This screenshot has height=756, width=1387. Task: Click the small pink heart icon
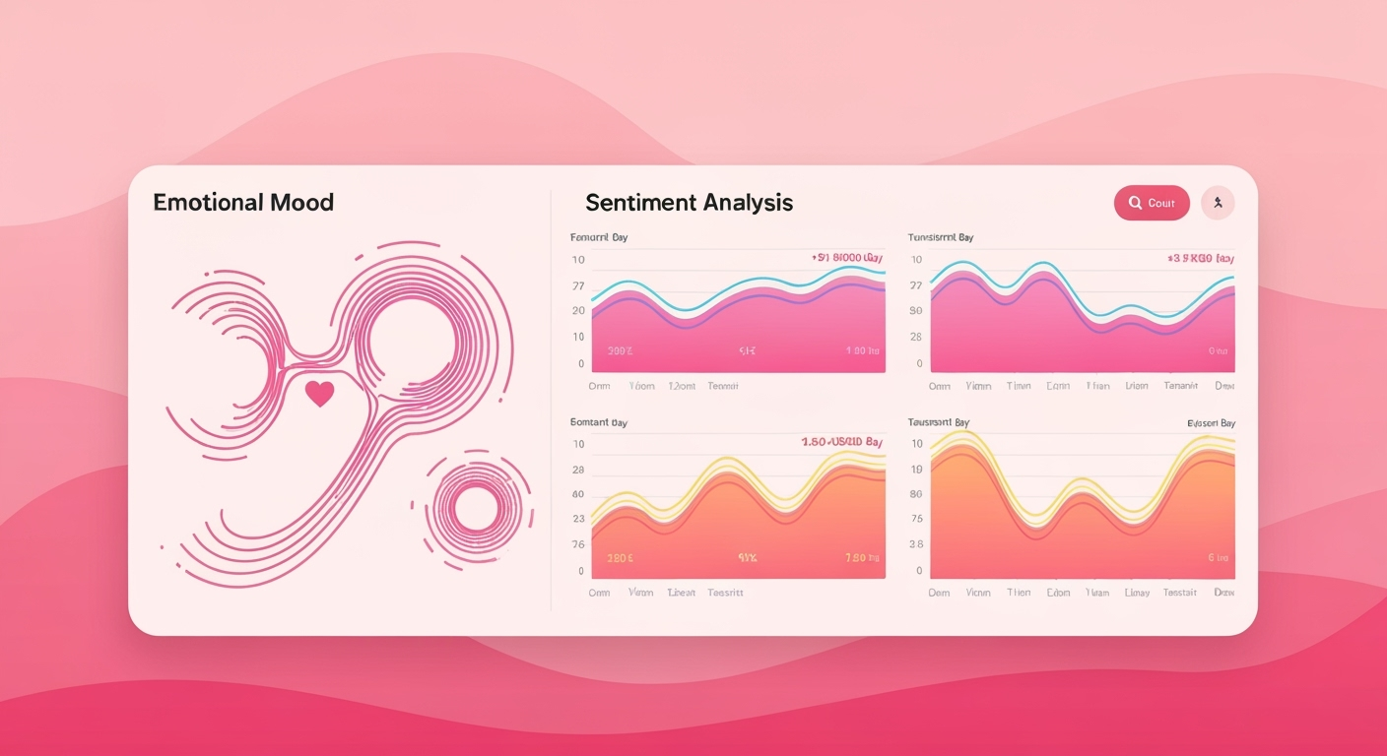click(x=319, y=394)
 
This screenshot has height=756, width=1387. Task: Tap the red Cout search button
click(x=1151, y=203)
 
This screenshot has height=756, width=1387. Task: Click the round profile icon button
click(x=1218, y=203)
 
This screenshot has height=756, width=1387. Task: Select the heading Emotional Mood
click(x=243, y=203)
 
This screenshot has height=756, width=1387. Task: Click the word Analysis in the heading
click(x=748, y=203)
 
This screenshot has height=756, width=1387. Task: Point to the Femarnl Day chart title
click(x=598, y=237)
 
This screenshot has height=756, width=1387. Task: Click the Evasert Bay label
click(x=1211, y=423)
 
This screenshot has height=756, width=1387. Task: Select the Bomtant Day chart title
click(x=598, y=422)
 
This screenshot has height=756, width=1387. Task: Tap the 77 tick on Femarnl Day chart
click(x=578, y=285)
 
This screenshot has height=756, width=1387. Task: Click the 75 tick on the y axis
click(x=916, y=520)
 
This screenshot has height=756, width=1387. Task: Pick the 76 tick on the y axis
click(x=578, y=544)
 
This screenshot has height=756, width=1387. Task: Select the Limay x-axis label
click(x=1137, y=593)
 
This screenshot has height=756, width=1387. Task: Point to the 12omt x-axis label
click(x=682, y=386)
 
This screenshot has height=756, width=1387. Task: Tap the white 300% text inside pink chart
click(x=621, y=350)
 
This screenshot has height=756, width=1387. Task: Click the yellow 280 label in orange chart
click(x=620, y=557)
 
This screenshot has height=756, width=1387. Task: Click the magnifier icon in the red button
click(x=1135, y=203)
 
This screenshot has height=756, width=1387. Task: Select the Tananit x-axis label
click(x=1180, y=386)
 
